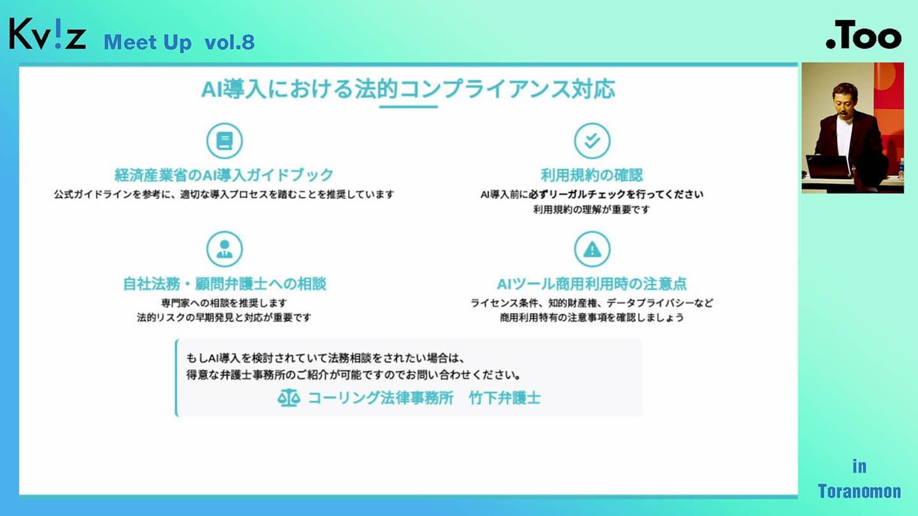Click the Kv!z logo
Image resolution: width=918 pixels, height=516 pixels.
[x=48, y=34]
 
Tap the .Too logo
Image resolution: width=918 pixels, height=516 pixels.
[x=864, y=35]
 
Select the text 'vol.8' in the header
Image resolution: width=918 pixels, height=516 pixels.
[x=229, y=43]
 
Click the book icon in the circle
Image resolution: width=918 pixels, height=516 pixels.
[x=224, y=141]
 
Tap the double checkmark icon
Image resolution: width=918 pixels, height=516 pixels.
[x=592, y=141]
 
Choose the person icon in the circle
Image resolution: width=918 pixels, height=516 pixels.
[x=224, y=249]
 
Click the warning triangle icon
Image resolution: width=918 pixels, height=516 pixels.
[x=592, y=249]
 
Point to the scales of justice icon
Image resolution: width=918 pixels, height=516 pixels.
[x=289, y=398]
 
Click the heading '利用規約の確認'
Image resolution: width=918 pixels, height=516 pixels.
[x=592, y=175]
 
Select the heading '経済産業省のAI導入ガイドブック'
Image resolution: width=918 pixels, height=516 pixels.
[x=224, y=175]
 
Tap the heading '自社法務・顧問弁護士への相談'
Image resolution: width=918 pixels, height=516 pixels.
[x=224, y=284]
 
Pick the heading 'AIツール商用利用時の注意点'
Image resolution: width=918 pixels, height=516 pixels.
[x=592, y=284]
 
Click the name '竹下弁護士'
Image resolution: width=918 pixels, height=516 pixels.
[x=505, y=398]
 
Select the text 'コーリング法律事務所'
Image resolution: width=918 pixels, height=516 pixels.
[x=381, y=398]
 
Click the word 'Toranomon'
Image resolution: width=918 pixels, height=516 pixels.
[x=859, y=491]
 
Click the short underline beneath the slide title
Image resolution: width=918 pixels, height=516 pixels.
[x=408, y=107]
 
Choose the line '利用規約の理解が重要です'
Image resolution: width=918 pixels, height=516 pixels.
[x=592, y=210]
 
